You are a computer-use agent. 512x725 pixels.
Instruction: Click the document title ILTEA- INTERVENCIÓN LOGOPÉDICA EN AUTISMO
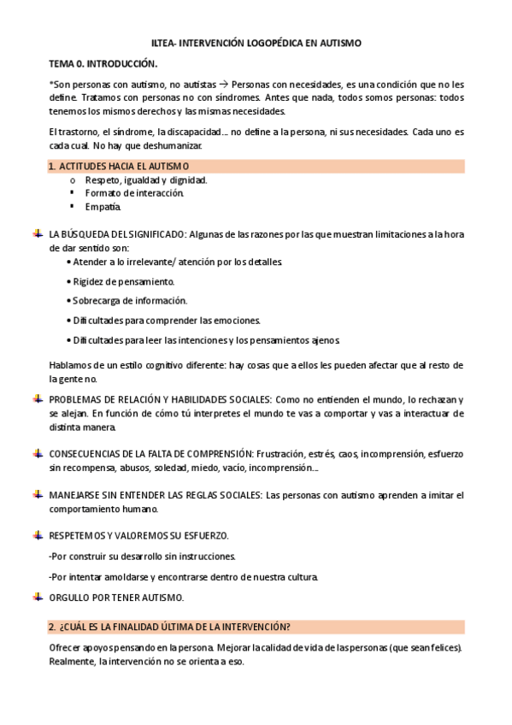click(256, 42)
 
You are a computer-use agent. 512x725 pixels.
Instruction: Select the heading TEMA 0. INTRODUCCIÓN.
click(103, 63)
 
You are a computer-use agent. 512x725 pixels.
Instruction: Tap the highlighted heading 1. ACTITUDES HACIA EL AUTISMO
click(119, 165)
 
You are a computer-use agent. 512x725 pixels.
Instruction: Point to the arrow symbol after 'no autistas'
click(224, 85)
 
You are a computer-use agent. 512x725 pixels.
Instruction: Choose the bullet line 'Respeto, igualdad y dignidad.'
click(146, 180)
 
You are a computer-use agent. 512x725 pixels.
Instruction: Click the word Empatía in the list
click(103, 206)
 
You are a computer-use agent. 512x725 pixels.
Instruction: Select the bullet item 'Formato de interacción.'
click(134, 193)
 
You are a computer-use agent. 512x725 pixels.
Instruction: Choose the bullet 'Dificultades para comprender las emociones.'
click(166, 321)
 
